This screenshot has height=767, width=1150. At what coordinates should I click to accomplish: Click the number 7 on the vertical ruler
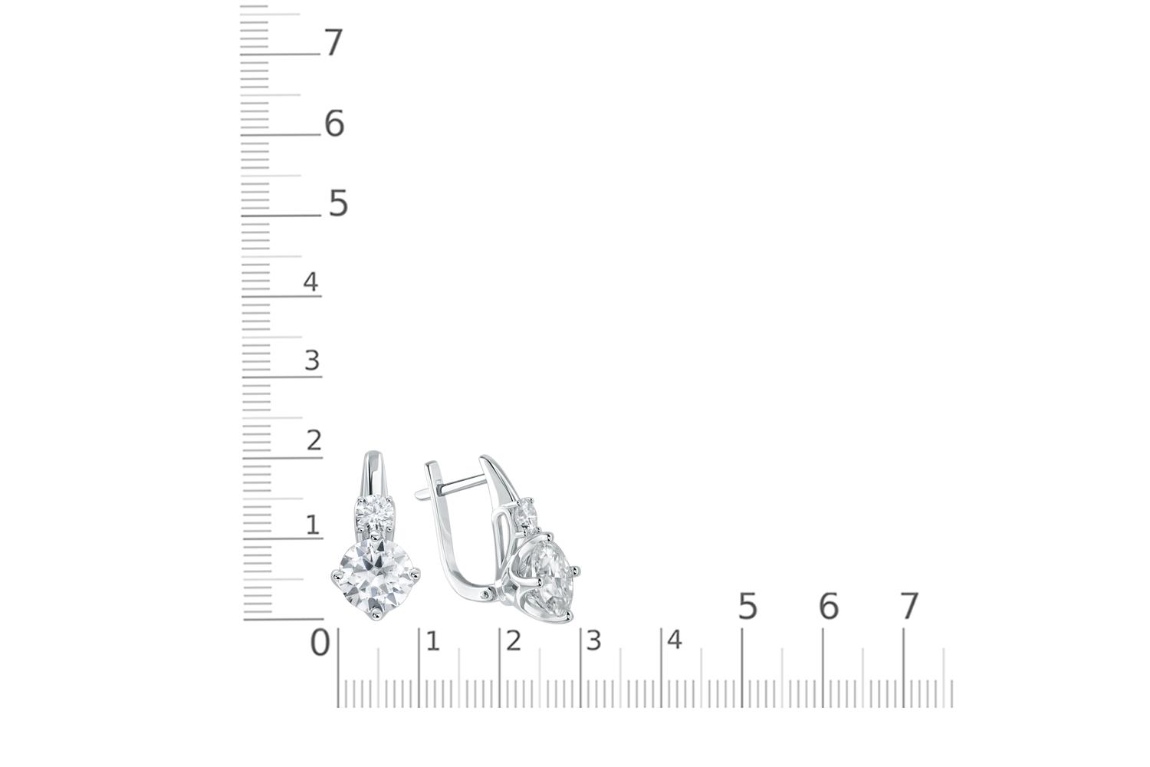pyautogui.click(x=333, y=42)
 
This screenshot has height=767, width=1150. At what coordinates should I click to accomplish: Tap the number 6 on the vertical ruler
pyautogui.click(x=334, y=123)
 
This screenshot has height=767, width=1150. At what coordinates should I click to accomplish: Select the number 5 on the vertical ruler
pyautogui.click(x=338, y=203)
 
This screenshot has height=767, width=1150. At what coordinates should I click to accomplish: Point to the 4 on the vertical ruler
pyautogui.click(x=310, y=281)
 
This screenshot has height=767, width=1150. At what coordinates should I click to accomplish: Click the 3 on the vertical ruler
pyautogui.click(x=312, y=360)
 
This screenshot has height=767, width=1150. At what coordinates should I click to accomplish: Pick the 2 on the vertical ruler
pyautogui.click(x=314, y=440)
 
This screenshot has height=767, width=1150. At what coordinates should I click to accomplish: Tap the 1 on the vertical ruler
pyautogui.click(x=313, y=525)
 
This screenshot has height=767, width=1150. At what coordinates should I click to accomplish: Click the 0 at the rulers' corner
pyautogui.click(x=320, y=643)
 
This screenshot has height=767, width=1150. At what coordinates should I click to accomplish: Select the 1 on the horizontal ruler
pyautogui.click(x=433, y=642)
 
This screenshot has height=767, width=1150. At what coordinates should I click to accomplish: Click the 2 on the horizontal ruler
pyautogui.click(x=514, y=641)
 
